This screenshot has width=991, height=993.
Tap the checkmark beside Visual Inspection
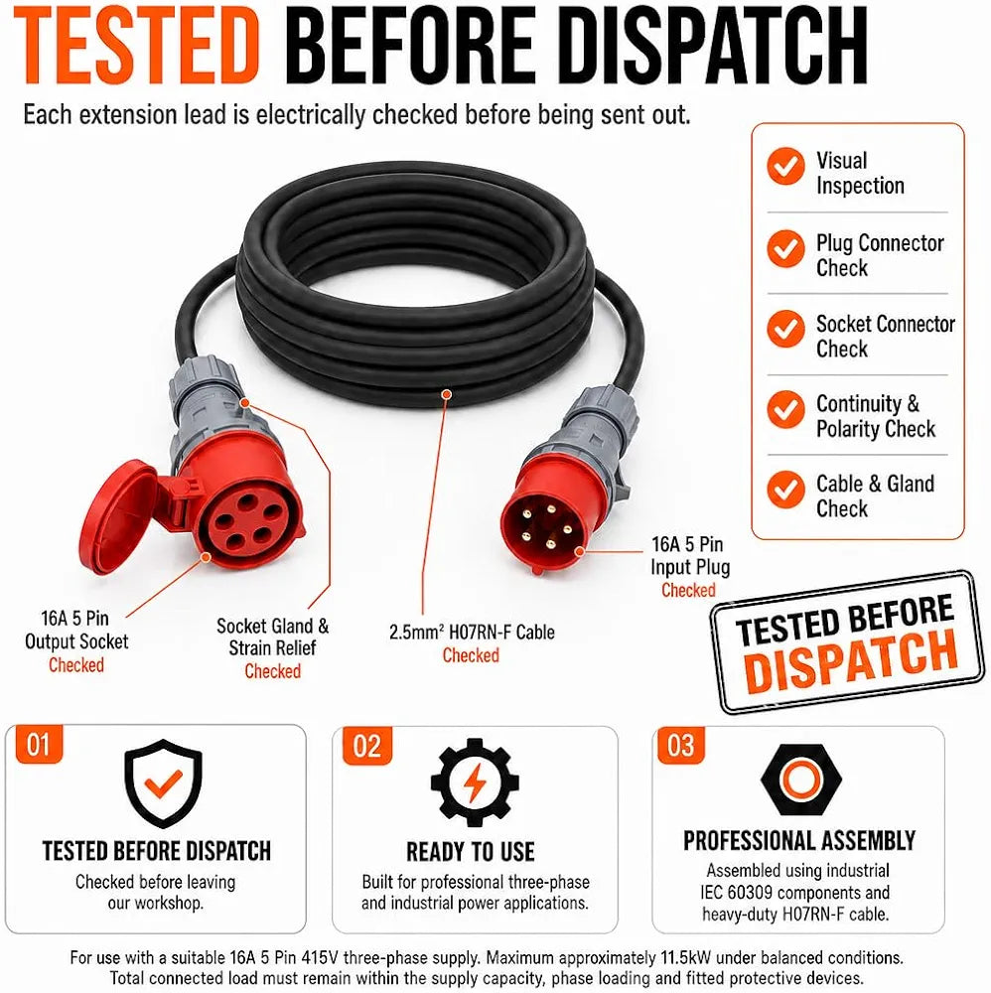point(785,167)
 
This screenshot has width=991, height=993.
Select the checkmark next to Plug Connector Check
point(785,248)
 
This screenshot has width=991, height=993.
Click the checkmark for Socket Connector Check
point(785,329)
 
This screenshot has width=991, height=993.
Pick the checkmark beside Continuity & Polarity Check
point(785,409)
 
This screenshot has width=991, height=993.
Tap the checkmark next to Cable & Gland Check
point(785,490)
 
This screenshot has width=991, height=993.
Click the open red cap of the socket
point(119,516)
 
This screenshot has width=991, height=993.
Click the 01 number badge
point(39,744)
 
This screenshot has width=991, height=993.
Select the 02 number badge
point(367,746)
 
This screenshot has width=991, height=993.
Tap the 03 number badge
point(681,746)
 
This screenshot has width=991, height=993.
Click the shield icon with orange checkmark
point(164,783)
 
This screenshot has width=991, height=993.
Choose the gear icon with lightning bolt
point(475,782)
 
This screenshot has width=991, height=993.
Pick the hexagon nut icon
point(801,779)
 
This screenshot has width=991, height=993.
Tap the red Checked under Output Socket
point(76,665)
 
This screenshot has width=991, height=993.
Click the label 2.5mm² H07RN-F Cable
point(472,632)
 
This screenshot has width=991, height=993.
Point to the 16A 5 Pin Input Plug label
point(690,555)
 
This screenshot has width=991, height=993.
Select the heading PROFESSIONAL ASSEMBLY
point(799,840)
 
